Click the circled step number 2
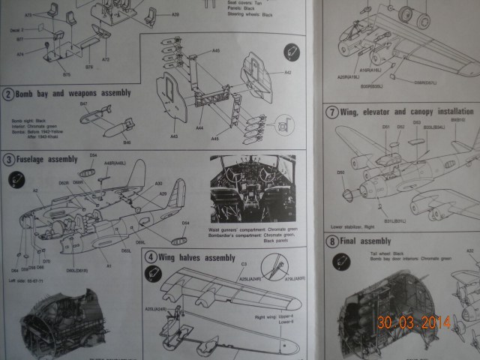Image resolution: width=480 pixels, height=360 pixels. (x=9, y=94)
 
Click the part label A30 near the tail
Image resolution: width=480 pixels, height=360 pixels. (x=158, y=184)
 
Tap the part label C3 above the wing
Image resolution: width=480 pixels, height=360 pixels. (x=244, y=264)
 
